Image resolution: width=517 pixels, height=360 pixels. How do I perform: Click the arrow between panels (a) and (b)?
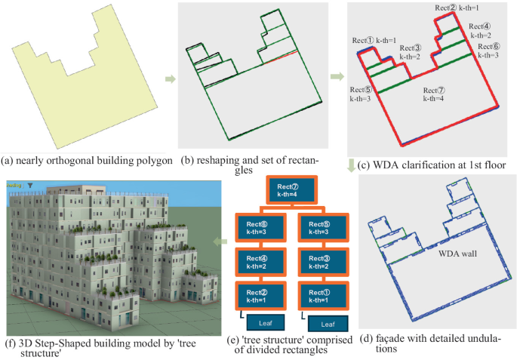pyautogui.click(x=171, y=78)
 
